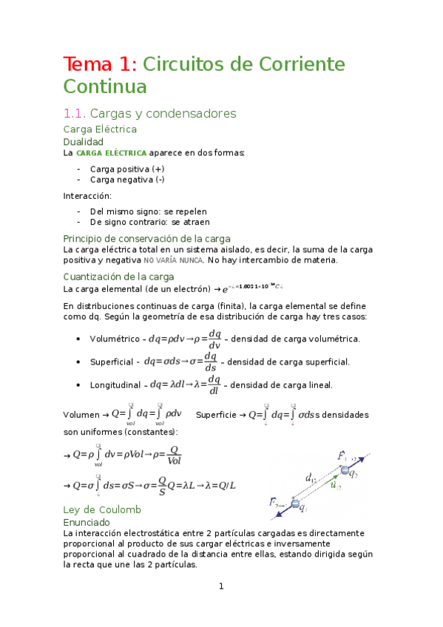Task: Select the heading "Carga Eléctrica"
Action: coord(100,129)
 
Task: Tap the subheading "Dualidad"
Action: coord(84,141)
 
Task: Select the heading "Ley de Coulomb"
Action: coord(102,509)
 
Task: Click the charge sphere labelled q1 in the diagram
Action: coord(296,504)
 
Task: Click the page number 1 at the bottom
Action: coord(220,586)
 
